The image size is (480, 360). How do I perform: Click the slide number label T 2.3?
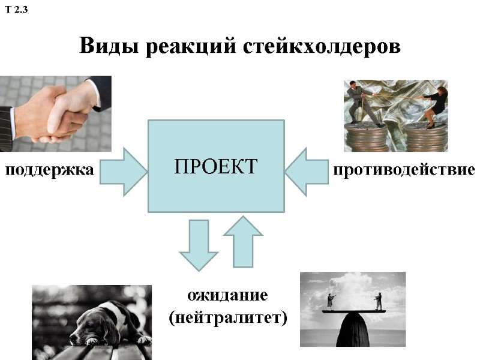tap(17, 10)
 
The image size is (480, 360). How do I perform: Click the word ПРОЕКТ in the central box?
tap(215, 166)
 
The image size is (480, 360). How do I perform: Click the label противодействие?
tap(404, 170)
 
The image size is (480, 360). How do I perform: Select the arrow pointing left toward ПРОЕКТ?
tap(306, 172)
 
